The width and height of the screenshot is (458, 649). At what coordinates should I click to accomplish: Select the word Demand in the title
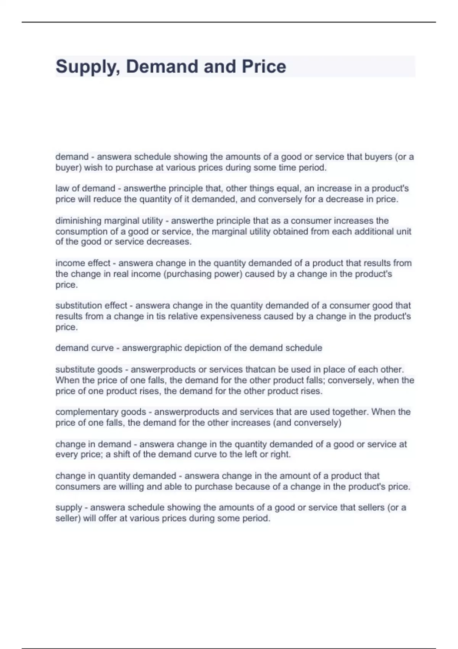tap(163, 67)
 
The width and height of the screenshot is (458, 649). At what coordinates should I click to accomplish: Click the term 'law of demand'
tap(85, 189)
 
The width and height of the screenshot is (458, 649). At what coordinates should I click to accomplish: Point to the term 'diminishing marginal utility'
tap(109, 221)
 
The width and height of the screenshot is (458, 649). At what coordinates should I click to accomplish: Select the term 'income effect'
tap(83, 263)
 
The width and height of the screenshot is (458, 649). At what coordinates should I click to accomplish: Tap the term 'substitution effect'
tap(91, 305)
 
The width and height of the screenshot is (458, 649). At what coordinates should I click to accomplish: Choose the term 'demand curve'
tap(84, 348)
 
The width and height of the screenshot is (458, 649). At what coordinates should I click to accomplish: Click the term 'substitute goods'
tap(89, 370)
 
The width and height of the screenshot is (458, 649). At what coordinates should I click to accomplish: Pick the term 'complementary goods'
tap(101, 412)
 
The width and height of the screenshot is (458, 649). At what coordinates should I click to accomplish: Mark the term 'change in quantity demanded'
tap(116, 476)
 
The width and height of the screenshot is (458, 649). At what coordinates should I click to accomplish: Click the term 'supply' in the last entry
tap(69, 508)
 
